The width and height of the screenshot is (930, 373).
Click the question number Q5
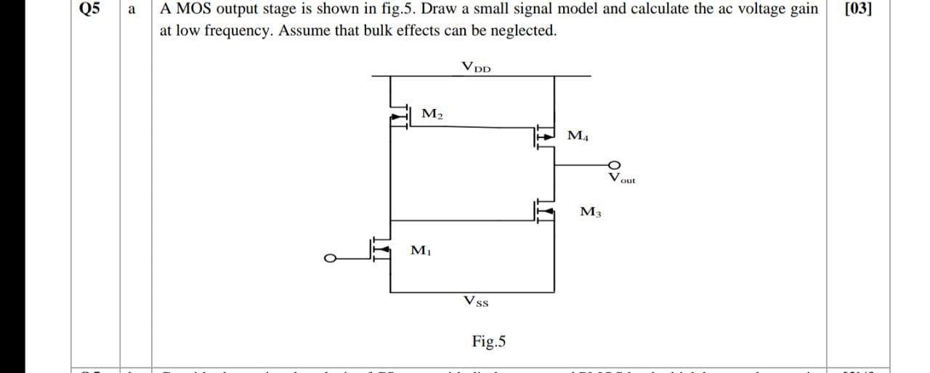89,9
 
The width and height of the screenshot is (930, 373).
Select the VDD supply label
477,67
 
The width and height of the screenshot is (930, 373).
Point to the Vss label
476,300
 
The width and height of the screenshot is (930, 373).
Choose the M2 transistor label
432,113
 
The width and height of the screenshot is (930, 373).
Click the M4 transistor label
579,135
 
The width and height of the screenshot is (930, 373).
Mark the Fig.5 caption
490,340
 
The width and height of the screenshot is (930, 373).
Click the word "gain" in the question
801,9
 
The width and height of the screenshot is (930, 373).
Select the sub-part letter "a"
131,9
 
